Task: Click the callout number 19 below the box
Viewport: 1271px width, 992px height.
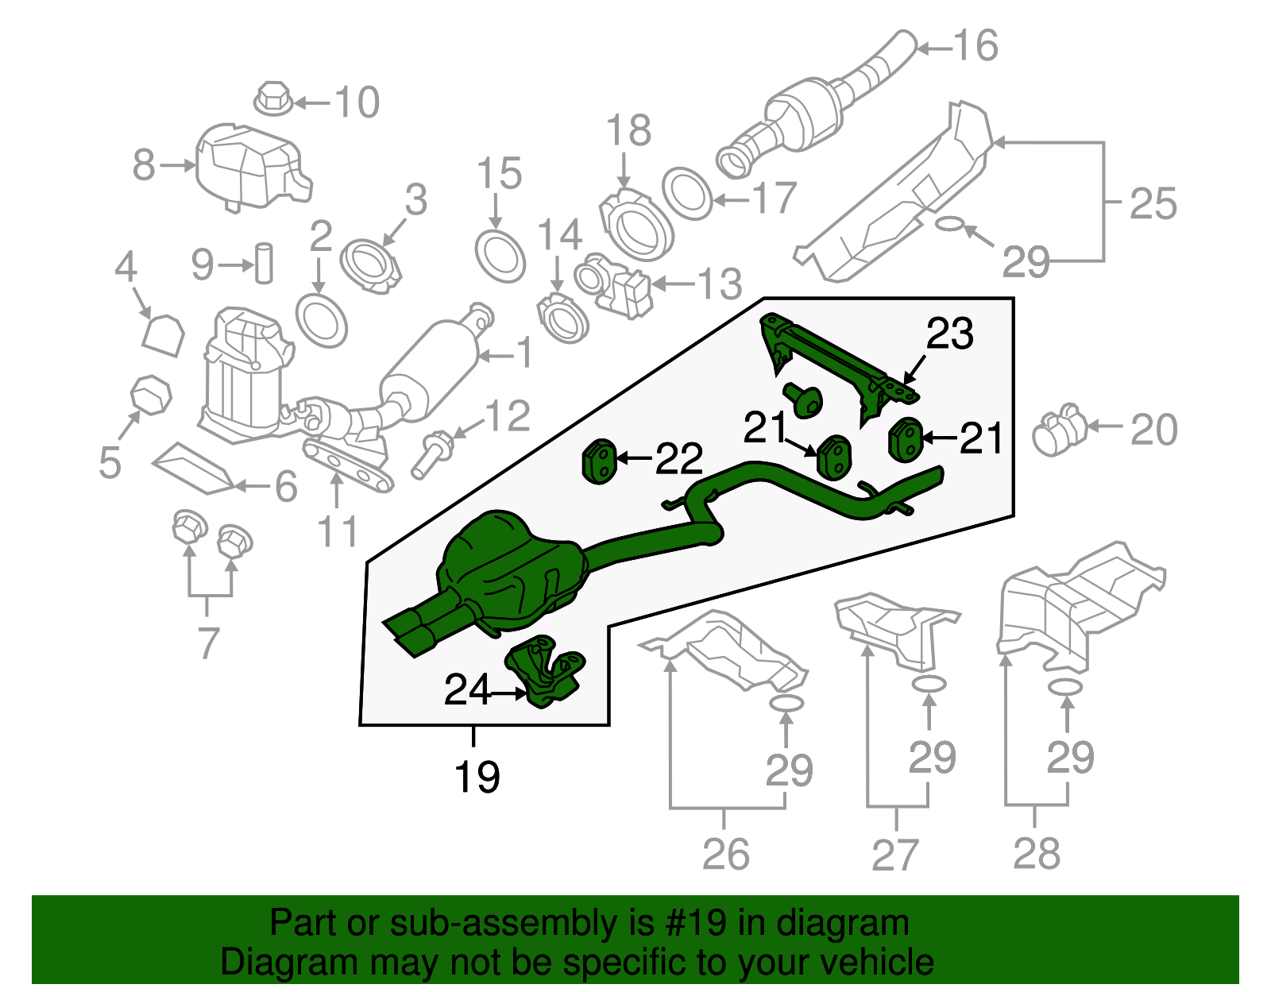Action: (x=477, y=777)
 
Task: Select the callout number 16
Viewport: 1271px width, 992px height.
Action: (x=975, y=46)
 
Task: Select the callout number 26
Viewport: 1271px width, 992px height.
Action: (x=725, y=855)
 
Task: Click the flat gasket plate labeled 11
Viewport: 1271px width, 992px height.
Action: (x=349, y=469)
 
